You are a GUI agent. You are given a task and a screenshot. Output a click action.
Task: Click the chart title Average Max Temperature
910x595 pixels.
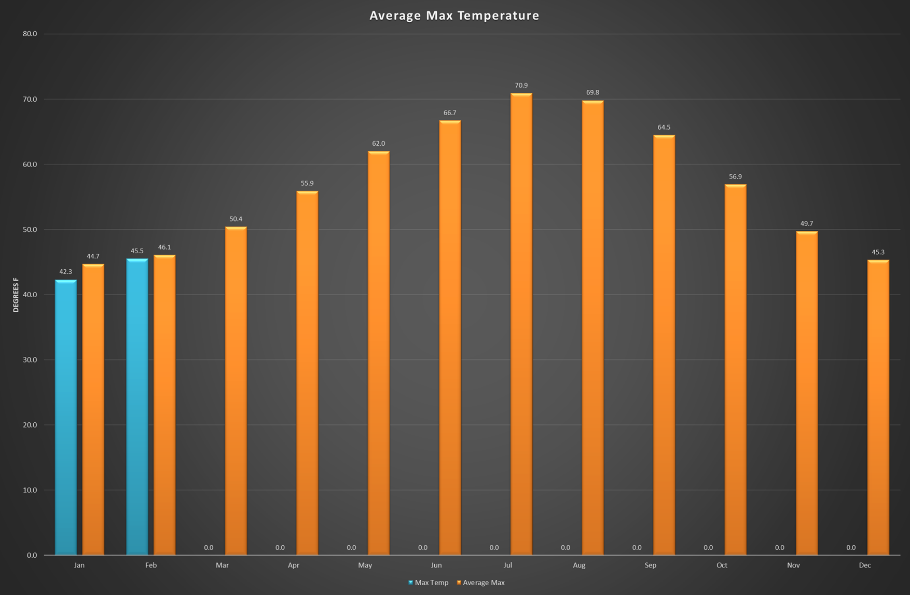pos(454,16)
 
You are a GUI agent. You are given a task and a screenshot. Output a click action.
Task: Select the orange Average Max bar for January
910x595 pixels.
pos(93,410)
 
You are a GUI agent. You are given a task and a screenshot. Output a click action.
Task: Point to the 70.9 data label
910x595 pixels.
pos(521,86)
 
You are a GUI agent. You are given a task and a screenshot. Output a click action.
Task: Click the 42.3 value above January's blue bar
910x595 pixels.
pos(66,272)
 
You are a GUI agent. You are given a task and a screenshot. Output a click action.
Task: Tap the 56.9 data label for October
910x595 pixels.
pos(735,177)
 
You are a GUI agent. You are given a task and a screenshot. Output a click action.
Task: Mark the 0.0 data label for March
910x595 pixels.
pos(209,548)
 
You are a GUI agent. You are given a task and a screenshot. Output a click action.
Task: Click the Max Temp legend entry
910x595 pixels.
pos(429,583)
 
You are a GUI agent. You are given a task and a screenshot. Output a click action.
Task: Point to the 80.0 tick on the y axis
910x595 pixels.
pos(30,34)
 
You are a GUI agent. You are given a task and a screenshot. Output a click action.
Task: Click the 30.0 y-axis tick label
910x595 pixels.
pos(30,360)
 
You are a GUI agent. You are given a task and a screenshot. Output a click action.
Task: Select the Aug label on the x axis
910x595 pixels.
pos(579,565)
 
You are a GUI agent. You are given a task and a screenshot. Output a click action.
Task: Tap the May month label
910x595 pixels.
pos(365,565)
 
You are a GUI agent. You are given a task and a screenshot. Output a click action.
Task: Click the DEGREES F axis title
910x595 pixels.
pos(16,295)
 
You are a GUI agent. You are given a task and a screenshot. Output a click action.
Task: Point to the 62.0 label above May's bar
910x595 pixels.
pos(378,144)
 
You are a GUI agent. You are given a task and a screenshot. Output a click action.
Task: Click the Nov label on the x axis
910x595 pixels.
pos(793,565)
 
